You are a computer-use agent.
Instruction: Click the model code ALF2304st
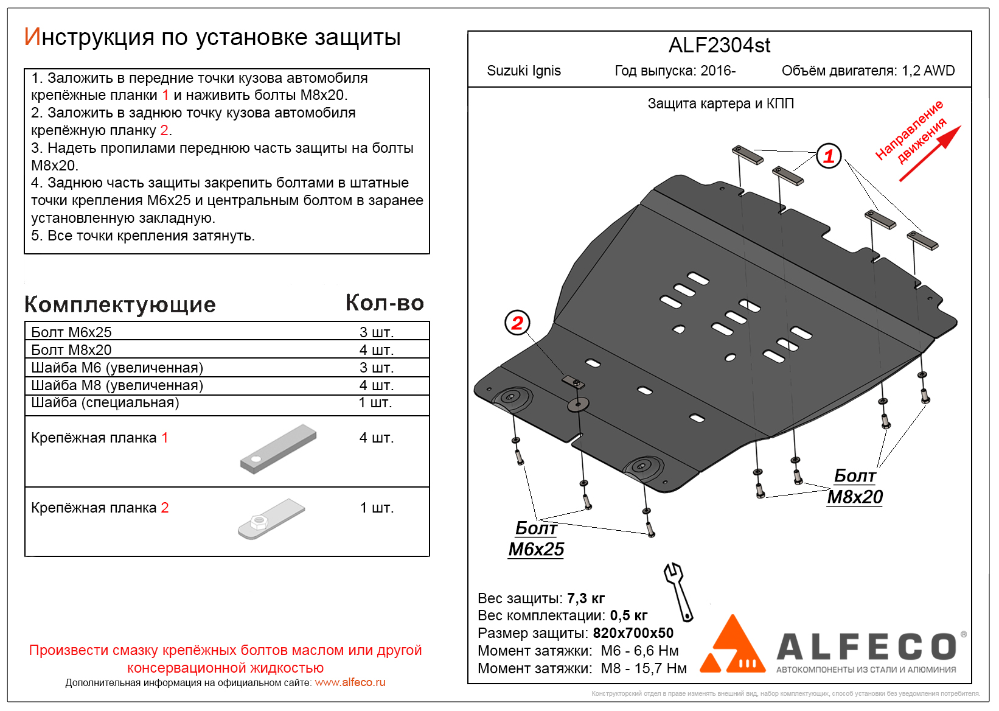click(x=719, y=46)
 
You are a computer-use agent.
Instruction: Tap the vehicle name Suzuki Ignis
click(x=524, y=71)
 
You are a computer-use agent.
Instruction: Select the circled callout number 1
click(x=828, y=156)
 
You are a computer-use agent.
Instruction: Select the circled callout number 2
click(x=517, y=323)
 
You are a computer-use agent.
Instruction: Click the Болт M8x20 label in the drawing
click(x=855, y=486)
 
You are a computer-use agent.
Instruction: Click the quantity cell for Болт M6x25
click(x=377, y=332)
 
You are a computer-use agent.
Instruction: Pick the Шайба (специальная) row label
click(x=105, y=403)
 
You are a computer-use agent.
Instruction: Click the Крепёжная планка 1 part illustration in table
click(x=279, y=449)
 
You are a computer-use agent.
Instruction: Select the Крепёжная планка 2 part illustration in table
click(x=271, y=519)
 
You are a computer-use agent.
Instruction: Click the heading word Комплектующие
click(x=120, y=305)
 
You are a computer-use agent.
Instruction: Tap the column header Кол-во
click(x=385, y=303)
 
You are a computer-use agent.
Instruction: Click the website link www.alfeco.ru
click(x=350, y=683)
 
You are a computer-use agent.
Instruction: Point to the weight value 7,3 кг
click(x=585, y=598)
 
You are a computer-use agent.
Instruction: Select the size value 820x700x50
click(x=633, y=633)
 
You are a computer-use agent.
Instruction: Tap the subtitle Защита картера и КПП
click(x=720, y=104)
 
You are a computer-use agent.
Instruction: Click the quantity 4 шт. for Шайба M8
click(x=377, y=385)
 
